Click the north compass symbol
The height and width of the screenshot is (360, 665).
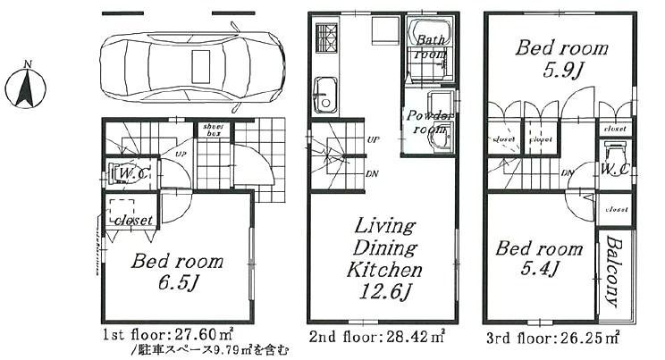point(27,88)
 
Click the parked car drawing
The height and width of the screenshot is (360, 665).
point(190,66)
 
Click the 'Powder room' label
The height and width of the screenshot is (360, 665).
point(431,122)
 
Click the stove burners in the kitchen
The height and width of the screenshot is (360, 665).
point(324,39)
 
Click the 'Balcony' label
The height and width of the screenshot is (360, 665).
point(614,272)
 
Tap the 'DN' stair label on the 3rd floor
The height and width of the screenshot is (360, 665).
point(568,172)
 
